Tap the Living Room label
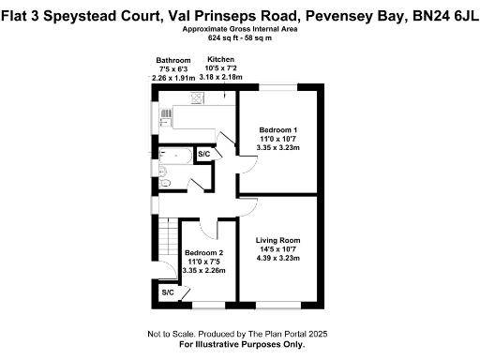pyautogui.click(x=277, y=241)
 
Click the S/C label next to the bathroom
pyautogui.click(x=203, y=153)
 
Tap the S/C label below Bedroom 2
pyautogui.click(x=168, y=293)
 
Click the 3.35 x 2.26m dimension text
pyautogui.click(x=203, y=271)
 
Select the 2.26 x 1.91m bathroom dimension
pyautogui.click(x=173, y=78)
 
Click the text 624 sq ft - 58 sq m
pyautogui.click(x=240, y=38)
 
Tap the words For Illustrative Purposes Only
pyautogui.click(x=240, y=344)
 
